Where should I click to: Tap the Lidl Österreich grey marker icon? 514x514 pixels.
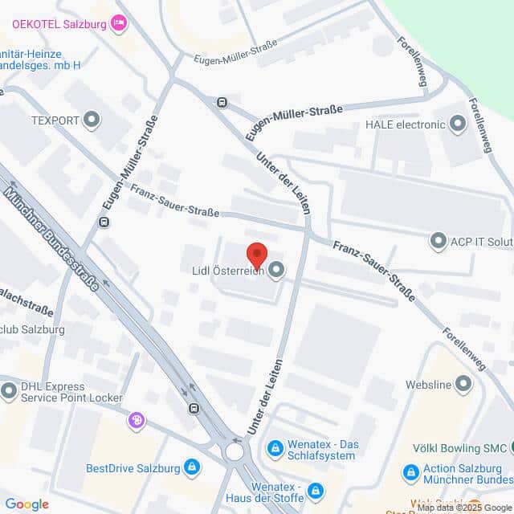[x=276, y=271]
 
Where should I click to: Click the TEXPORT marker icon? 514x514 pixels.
[x=92, y=121]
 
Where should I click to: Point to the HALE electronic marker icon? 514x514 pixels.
[x=458, y=124]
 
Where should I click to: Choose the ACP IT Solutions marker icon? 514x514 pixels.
[x=439, y=240]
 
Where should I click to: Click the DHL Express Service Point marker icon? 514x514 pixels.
[x=9, y=392]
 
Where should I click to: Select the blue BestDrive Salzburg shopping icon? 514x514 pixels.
[x=192, y=466]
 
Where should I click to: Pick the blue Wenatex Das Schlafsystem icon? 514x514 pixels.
[x=275, y=447]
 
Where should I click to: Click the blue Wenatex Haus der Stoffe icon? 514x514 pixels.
[x=316, y=490]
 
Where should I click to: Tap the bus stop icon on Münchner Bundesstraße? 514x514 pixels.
[x=194, y=408]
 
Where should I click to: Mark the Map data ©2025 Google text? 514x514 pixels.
[x=463, y=508]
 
